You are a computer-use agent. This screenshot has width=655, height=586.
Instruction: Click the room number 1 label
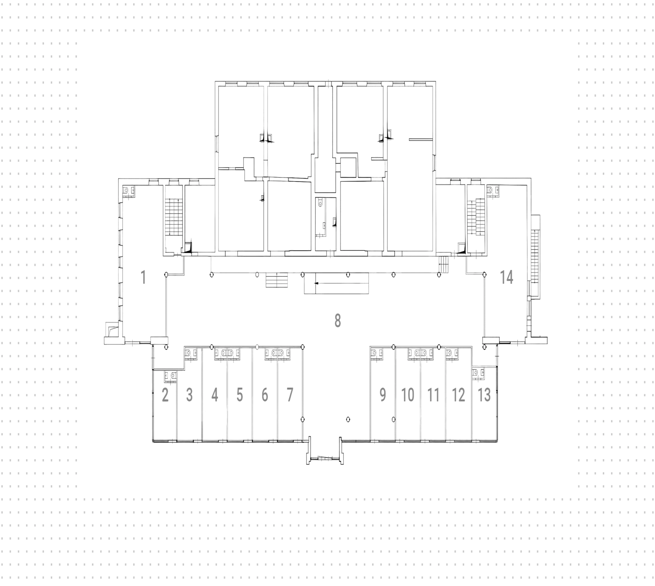click(x=144, y=277)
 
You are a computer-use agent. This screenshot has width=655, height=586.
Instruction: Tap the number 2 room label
click(x=165, y=395)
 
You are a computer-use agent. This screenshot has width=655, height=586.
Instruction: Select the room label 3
click(x=189, y=395)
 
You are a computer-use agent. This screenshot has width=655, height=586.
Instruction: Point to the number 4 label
click(x=215, y=395)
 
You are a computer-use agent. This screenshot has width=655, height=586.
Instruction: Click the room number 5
click(x=240, y=395)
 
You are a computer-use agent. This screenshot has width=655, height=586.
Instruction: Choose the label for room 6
click(x=265, y=395)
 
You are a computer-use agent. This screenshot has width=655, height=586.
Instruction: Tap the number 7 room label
click(x=290, y=395)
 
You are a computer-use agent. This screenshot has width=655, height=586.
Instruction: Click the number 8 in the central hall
click(x=337, y=321)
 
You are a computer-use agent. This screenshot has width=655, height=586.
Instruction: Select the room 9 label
click(x=383, y=395)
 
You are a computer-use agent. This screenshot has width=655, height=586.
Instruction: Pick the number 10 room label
click(x=408, y=395)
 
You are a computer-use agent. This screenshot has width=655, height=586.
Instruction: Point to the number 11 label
click(x=433, y=395)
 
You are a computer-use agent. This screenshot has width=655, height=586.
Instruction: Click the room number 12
click(x=458, y=395)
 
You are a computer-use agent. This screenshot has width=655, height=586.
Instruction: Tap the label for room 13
click(x=484, y=395)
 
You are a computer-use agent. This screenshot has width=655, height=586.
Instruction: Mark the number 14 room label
click(x=507, y=277)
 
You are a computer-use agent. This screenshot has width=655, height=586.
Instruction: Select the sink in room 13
click(x=478, y=373)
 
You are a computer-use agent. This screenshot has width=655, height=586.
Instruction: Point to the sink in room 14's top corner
click(x=493, y=190)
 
